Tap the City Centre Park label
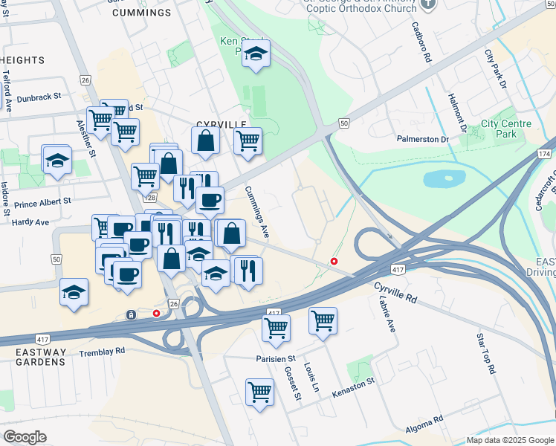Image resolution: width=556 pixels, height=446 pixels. (x=499, y=129)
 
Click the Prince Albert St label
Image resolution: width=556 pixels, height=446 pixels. (x=42, y=201)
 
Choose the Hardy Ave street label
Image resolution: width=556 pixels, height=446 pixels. (x=31, y=222)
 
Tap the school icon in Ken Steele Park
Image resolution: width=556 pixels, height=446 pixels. (x=256, y=54)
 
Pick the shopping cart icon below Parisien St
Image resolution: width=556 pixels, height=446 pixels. (x=259, y=390)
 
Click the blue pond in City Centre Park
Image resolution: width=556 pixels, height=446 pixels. (x=444, y=179)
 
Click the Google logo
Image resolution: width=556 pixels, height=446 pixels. (x=25, y=437)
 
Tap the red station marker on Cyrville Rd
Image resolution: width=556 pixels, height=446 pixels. (x=334, y=261)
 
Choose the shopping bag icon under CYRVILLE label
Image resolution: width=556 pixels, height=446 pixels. (x=205, y=140)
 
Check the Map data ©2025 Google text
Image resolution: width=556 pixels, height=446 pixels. (x=509, y=440)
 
